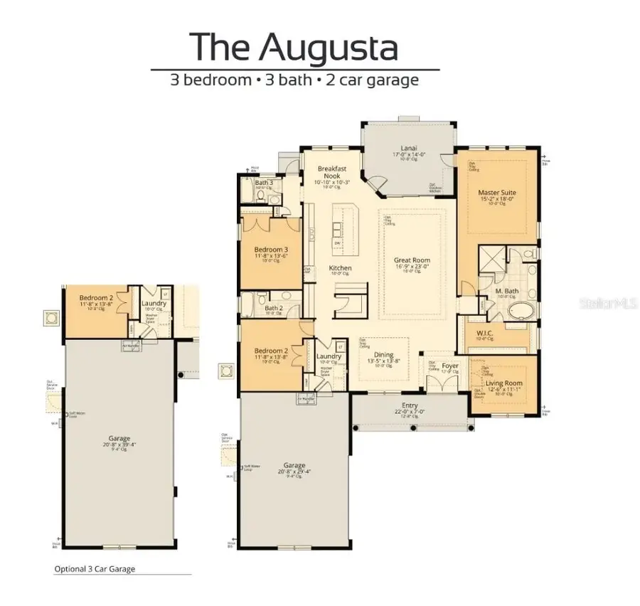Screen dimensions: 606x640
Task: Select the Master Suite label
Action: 497,193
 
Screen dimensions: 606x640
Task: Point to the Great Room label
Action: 412,261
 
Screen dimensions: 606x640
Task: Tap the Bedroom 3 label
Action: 271,250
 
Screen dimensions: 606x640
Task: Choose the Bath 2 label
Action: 274,308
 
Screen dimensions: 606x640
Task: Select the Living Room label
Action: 504,384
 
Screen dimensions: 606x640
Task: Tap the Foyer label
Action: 450,366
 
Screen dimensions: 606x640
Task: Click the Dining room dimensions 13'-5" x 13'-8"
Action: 384,361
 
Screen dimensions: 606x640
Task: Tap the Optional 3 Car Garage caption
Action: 95,569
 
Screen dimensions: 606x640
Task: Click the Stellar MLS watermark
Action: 609,303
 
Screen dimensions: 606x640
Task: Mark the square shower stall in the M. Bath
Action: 491,260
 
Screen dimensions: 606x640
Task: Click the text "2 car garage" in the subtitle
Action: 372,80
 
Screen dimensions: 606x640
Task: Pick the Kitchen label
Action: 340,268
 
